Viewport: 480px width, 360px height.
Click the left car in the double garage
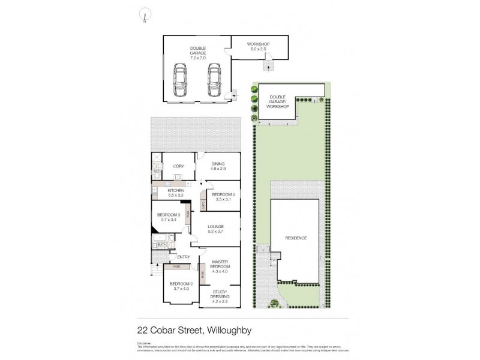point(181,80)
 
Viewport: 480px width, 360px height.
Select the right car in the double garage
point(214,80)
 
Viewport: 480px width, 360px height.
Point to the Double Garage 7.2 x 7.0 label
point(198,53)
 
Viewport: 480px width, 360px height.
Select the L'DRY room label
point(178,166)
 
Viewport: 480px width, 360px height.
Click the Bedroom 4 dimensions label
point(223,199)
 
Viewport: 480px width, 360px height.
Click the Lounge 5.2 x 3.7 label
point(216,229)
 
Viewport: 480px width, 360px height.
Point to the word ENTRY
point(184,257)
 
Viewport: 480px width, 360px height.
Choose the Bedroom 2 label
point(181,286)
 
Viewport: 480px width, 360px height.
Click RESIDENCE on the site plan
point(295,238)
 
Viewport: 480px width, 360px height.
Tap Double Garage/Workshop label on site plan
point(279,101)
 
